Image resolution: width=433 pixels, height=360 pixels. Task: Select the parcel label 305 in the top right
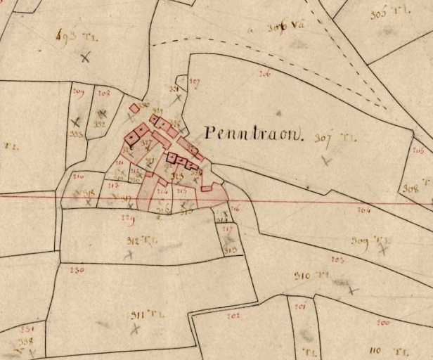click(378, 13)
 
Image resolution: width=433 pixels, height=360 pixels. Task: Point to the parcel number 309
click(360, 240)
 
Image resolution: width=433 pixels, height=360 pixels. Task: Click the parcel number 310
click(303, 275)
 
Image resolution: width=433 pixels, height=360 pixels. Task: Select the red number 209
click(78, 91)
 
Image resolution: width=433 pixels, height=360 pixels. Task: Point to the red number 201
click(299, 307)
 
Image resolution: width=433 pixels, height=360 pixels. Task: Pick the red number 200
click(382, 322)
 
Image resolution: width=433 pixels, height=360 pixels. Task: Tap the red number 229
click(128, 219)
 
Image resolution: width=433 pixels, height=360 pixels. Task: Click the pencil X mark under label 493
click(85, 58)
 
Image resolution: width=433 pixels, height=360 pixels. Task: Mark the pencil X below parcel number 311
click(134, 328)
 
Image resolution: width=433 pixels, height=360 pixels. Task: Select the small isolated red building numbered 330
click(134, 108)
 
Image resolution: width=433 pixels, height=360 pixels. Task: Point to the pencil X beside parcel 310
click(351, 289)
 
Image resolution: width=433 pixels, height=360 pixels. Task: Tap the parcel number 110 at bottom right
click(375, 349)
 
